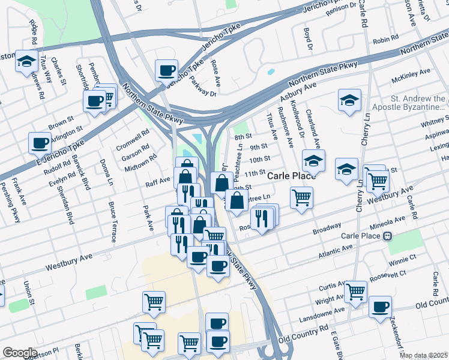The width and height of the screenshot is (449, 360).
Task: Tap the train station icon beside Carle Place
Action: pos(388,236)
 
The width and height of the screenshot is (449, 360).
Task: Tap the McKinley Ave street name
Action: pos(411,76)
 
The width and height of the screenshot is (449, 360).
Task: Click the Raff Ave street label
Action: pos(158,182)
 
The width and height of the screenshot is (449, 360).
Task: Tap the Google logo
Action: pos(20,353)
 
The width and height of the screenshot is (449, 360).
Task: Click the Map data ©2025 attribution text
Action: pos(423,355)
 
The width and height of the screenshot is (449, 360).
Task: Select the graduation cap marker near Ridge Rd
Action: pos(26,61)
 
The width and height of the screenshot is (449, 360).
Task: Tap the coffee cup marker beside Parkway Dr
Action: pos(166,70)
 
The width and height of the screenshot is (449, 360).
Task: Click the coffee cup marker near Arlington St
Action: pos(40,143)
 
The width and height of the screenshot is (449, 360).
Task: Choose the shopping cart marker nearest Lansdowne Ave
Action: pos(356,291)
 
